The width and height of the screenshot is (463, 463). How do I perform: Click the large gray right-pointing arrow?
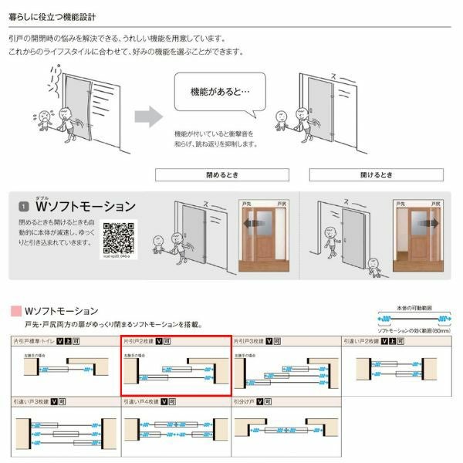(x=149, y=117)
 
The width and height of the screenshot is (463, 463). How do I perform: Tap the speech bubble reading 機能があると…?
(x=219, y=92)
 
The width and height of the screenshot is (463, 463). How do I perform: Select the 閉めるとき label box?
(x=221, y=174)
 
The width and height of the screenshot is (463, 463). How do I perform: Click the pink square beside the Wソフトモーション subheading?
(x=15, y=311)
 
